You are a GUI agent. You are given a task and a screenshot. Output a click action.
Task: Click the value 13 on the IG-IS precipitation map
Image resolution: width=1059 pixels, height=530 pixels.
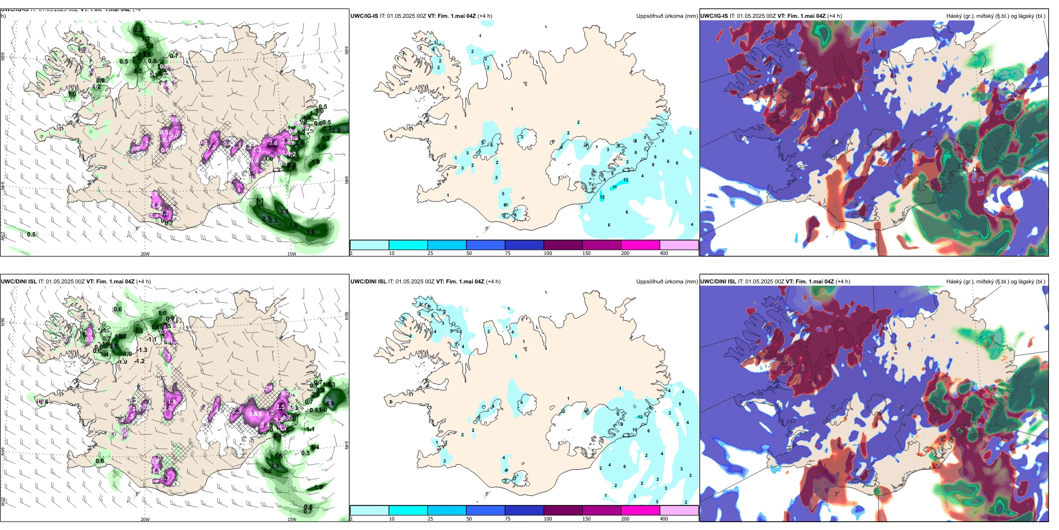pyautogui.click(x=626, y=180)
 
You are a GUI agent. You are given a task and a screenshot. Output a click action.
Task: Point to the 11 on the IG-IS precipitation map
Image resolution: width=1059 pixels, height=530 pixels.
pyautogui.click(x=615, y=187)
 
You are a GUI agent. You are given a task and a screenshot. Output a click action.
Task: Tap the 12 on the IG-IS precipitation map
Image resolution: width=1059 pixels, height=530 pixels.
pyautogui.click(x=602, y=197)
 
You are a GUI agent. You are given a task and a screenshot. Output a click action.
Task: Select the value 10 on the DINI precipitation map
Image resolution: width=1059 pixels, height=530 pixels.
pyautogui.click(x=634, y=430)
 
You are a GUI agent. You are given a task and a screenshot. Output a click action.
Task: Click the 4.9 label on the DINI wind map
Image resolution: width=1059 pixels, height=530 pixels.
pyautogui.click(x=330, y=404)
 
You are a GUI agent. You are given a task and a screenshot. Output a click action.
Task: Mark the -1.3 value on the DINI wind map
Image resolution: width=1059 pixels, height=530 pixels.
pyautogui.click(x=142, y=350)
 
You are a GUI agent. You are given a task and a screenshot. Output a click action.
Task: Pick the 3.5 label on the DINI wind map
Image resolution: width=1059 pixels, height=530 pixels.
pyautogui.click(x=113, y=346)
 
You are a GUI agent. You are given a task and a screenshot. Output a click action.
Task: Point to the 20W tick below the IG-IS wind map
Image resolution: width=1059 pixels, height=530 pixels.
pyautogui.click(x=145, y=254)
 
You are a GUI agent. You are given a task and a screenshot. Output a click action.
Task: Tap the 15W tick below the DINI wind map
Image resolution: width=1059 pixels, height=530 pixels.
pyautogui.click(x=292, y=519)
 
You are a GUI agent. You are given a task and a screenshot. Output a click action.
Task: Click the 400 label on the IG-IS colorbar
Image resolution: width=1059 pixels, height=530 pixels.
pyautogui.click(x=664, y=253)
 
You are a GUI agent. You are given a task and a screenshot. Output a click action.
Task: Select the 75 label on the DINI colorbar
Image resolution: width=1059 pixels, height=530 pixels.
pyautogui.click(x=508, y=519)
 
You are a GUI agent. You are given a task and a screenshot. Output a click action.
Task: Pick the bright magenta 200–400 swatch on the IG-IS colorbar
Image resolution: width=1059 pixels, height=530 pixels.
pyautogui.click(x=640, y=245)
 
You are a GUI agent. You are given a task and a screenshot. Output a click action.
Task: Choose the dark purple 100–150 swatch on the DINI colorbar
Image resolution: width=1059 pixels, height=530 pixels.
pyautogui.click(x=563, y=510)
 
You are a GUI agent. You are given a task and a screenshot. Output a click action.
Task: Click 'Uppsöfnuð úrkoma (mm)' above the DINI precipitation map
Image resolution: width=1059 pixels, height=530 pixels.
pyautogui.click(x=667, y=282)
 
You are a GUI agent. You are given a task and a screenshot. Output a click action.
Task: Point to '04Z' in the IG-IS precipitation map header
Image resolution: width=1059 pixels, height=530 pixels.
pyautogui.click(x=469, y=16)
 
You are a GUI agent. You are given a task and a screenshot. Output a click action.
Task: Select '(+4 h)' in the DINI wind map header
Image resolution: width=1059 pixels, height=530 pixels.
pyautogui.click(x=143, y=282)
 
